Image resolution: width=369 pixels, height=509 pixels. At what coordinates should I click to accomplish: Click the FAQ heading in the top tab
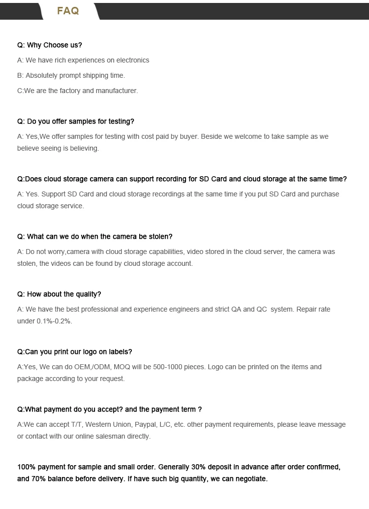[x=68, y=11]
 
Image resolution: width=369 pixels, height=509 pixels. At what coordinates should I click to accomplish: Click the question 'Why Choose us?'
[x=50, y=45]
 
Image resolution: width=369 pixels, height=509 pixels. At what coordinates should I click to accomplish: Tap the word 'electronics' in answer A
[x=131, y=61]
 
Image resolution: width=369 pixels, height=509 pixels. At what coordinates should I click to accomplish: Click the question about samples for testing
[x=76, y=122]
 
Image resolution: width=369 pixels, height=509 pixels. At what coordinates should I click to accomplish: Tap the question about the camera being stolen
[x=95, y=237]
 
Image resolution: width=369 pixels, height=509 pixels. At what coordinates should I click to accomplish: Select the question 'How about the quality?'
[x=59, y=294]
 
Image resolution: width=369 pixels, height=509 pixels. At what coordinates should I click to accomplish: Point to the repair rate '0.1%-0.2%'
[x=54, y=321]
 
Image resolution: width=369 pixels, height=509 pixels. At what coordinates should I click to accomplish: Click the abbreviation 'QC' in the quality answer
[x=262, y=310]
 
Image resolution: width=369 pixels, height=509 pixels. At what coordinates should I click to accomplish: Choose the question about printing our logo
[x=75, y=352]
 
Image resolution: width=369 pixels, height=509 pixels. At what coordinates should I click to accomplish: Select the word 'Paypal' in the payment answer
[x=146, y=425]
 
